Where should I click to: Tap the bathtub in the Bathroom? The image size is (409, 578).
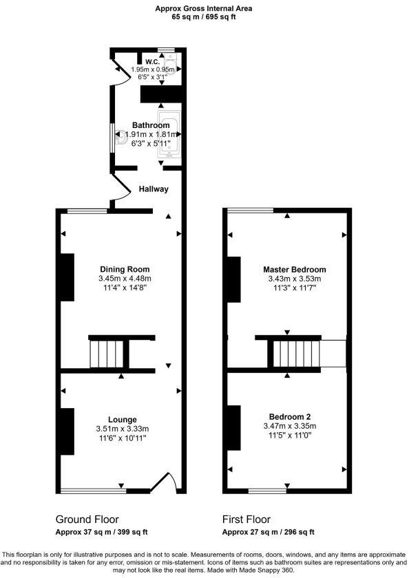point(170,134)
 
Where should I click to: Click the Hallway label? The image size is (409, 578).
point(153,189)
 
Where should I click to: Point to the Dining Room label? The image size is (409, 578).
point(124,269)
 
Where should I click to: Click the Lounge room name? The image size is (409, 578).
point(122,419)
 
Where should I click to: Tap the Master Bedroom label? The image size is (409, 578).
point(294,269)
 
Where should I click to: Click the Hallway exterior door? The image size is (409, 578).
point(118,192)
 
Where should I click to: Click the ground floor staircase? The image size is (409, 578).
point(109,354)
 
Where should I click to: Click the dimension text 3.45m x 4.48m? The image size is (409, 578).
point(124,278)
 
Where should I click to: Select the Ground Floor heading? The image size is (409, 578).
point(87,520)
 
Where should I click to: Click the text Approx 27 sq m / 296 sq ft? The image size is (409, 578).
point(269,533)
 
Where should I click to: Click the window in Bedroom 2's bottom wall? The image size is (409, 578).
point(267,491)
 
